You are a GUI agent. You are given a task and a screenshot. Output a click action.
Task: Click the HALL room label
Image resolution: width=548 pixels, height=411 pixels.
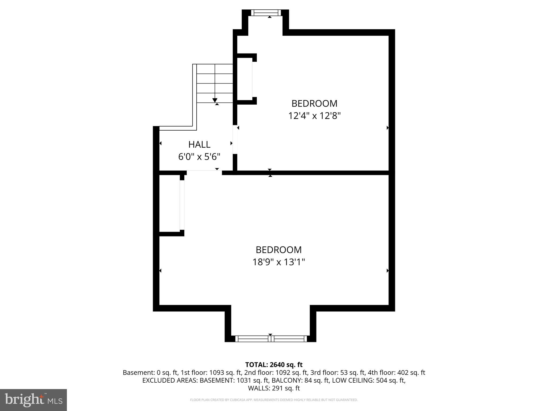(199, 144)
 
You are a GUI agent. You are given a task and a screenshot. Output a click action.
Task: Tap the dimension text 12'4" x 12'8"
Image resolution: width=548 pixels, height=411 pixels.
(314, 116)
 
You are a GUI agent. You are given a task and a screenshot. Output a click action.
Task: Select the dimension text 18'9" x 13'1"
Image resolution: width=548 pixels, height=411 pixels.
(279, 262)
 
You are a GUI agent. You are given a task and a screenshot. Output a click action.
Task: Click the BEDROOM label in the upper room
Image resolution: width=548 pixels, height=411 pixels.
(314, 103)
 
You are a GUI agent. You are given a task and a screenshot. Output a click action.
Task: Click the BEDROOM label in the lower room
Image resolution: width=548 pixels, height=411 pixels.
(279, 250)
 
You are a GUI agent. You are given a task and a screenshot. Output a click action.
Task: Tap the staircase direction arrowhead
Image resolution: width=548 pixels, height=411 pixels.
(215, 100)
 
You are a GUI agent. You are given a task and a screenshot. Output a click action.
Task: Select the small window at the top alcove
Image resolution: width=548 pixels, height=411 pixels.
(266, 13)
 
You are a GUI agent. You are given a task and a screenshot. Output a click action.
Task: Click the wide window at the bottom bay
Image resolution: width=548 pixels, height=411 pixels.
(271, 339)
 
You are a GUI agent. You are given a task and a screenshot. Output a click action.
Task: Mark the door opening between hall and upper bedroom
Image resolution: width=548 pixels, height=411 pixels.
(235, 139)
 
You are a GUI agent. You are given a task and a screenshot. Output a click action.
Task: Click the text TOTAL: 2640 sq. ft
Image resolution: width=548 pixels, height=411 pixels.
(274, 365)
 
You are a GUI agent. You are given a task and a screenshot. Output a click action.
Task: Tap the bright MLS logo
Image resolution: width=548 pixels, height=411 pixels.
(33, 400)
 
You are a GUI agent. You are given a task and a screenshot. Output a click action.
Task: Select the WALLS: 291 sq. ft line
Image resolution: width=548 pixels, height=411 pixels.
(274, 388)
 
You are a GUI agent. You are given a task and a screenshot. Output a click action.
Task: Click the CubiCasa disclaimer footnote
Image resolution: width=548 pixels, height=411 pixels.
(274, 400)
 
